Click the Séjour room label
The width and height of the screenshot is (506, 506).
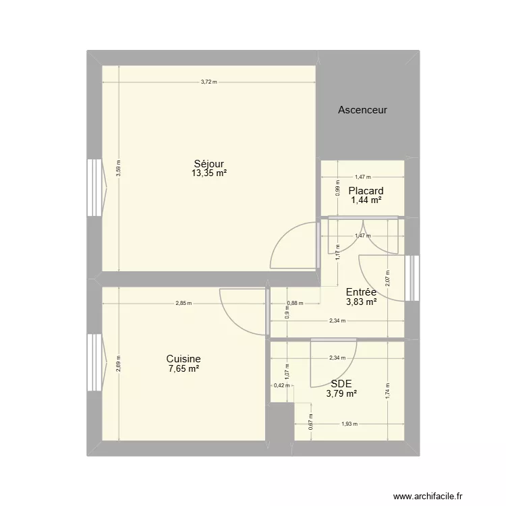(x=208, y=163)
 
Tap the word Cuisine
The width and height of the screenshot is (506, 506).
(x=184, y=360)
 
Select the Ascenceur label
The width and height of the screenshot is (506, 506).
(x=362, y=109)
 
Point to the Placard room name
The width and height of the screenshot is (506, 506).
(x=366, y=191)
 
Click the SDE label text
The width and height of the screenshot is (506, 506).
(x=341, y=383)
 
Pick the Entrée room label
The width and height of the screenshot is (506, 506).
(x=361, y=292)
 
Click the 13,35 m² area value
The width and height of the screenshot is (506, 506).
(x=208, y=173)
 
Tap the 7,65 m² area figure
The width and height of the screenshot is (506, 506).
(x=184, y=369)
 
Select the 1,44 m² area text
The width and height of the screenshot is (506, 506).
(x=366, y=200)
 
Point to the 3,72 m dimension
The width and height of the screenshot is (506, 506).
(x=208, y=82)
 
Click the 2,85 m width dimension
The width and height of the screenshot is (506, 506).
(x=183, y=303)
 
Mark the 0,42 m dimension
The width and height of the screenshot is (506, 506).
(x=279, y=386)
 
